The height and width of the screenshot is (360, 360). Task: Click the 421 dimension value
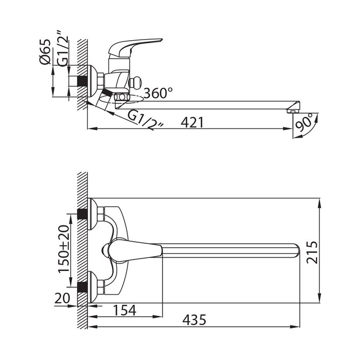coord(192,122)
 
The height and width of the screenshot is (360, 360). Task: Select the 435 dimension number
coord(194,320)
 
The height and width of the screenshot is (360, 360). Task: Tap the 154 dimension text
coord(125,310)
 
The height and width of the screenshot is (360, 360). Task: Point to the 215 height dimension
coord(313,252)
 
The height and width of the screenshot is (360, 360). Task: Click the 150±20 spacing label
coord(64,249)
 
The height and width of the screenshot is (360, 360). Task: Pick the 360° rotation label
coord(158,93)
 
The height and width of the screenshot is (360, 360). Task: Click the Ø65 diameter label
coord(45,52)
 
